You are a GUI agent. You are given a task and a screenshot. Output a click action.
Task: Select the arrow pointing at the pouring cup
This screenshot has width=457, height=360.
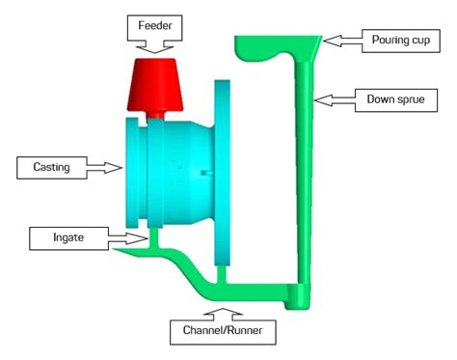click(x=337, y=41)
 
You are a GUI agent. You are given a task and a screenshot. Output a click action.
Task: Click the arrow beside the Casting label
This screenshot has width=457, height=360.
click(x=104, y=168)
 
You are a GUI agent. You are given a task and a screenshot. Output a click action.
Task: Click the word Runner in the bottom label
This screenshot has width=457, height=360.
click(x=249, y=333)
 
